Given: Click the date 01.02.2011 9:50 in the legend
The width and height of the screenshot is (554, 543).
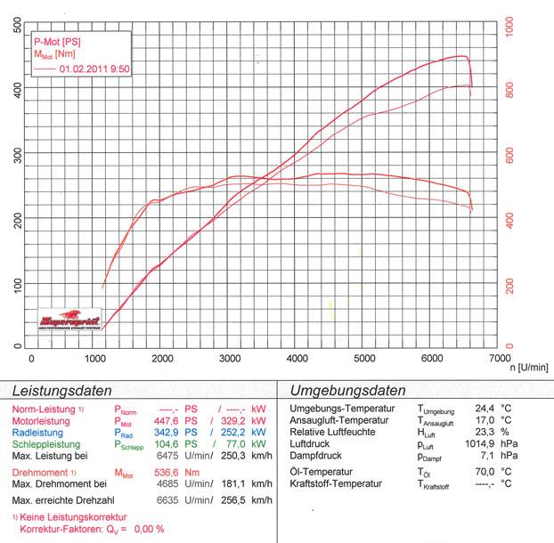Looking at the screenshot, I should (94, 68).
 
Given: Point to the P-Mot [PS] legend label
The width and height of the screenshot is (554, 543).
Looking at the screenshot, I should (57, 42).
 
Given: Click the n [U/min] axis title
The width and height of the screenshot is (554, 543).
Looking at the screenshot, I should (529, 366).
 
